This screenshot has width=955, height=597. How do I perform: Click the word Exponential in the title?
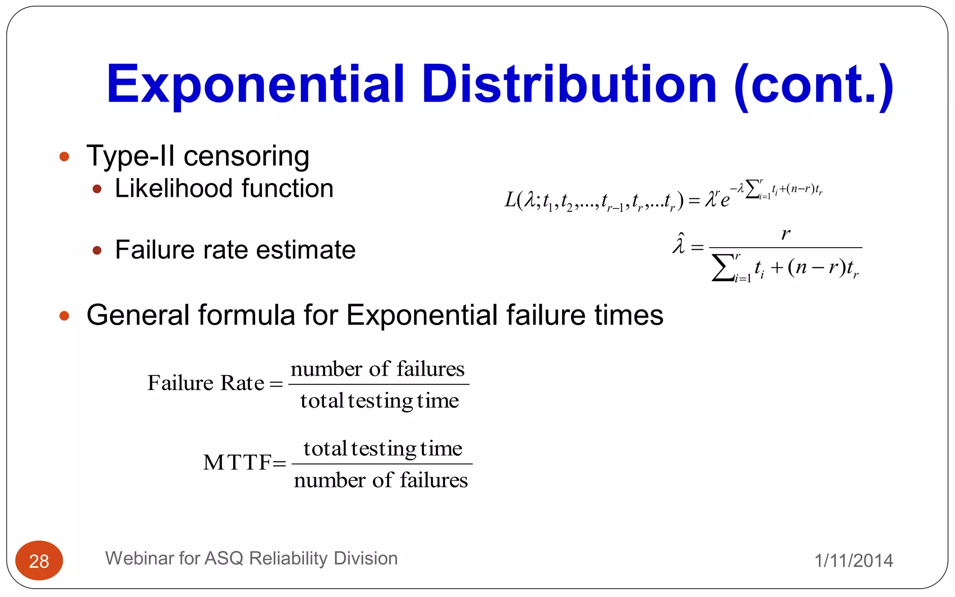click(255, 85)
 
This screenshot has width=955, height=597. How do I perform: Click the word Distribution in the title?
click(569, 85)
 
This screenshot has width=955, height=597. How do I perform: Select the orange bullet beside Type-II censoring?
click(64, 156)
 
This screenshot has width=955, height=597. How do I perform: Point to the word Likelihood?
click(173, 188)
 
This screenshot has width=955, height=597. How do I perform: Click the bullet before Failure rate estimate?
click(97, 250)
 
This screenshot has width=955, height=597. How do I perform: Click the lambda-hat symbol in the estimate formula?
click(679, 244)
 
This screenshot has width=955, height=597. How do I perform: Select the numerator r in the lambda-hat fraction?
click(786, 233)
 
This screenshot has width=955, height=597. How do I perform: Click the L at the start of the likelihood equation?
click(511, 200)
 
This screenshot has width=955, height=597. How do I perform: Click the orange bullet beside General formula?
click(64, 316)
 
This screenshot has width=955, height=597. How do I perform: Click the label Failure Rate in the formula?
click(206, 383)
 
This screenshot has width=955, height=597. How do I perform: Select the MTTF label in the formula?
click(237, 463)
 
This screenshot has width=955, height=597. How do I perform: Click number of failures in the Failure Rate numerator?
click(377, 369)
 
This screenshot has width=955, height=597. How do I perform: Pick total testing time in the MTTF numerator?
click(382, 449)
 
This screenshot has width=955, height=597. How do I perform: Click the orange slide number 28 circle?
click(39, 561)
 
